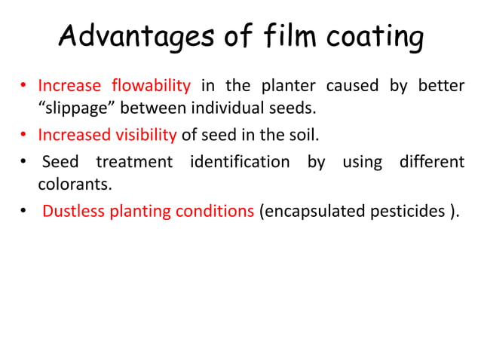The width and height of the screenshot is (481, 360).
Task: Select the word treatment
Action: pyautogui.click(x=134, y=161)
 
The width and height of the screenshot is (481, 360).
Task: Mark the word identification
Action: pyautogui.click(x=240, y=161)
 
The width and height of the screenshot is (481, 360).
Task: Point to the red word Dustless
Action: pyautogui.click(x=72, y=212)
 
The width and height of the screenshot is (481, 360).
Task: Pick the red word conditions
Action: pyautogui.click(x=216, y=212)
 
